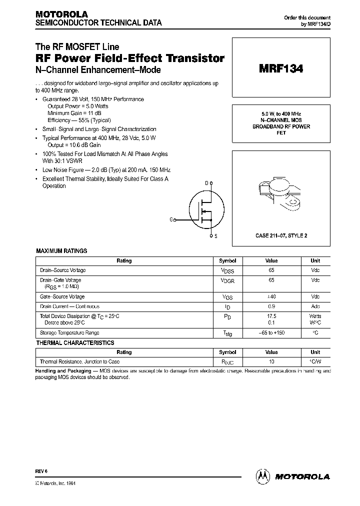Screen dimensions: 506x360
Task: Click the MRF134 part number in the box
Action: click(x=280, y=69)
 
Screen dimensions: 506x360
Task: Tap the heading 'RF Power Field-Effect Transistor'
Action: click(x=129, y=58)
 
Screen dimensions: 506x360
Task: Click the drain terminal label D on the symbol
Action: click(x=206, y=184)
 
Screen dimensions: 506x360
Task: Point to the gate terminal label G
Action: click(x=171, y=219)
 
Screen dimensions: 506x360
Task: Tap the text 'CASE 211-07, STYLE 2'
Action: click(x=281, y=235)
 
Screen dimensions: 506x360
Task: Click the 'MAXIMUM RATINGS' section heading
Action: click(x=61, y=250)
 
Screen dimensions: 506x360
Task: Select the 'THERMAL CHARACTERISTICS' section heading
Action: click(x=75, y=343)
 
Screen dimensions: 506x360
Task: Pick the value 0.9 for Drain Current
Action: click(x=271, y=306)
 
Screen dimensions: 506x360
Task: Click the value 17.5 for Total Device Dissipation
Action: click(x=271, y=316)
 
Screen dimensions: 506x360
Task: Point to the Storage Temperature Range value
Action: click(x=271, y=333)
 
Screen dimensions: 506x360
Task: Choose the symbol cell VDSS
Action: click(x=227, y=270)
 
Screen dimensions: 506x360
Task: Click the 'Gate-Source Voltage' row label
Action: click(x=62, y=296)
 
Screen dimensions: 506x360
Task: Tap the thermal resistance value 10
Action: click(x=271, y=361)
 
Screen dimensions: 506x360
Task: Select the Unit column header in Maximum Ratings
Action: click(x=315, y=260)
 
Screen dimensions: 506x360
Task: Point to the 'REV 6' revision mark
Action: click(x=41, y=471)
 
